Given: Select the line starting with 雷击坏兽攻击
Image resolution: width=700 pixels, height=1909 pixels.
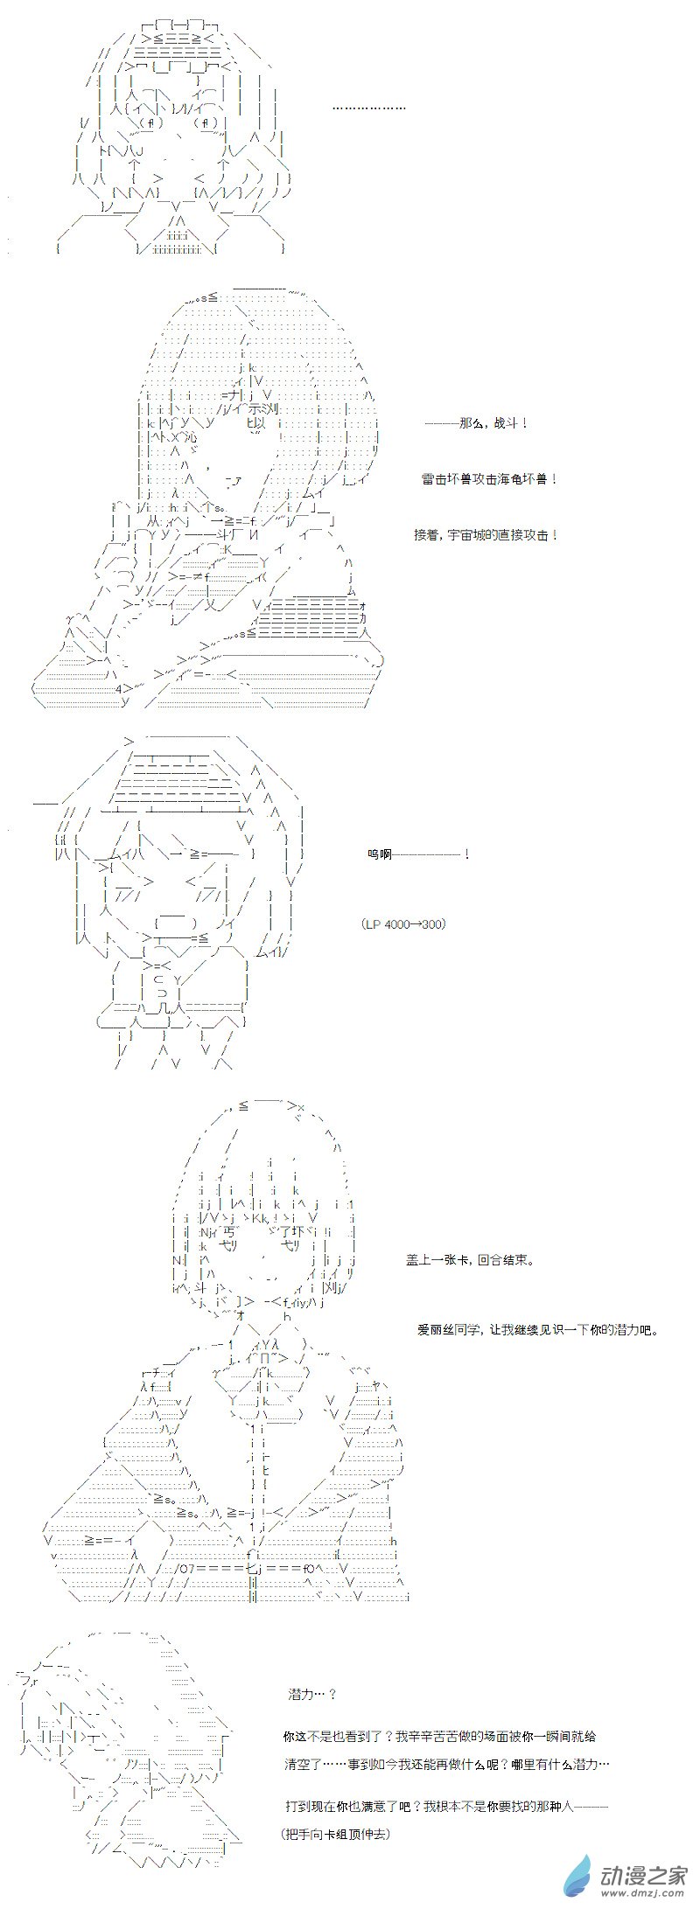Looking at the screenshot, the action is (x=489, y=479).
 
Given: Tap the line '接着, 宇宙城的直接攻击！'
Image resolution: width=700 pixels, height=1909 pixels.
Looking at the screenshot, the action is (x=486, y=535).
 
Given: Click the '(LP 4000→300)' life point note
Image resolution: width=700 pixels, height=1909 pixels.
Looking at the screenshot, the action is (x=402, y=924).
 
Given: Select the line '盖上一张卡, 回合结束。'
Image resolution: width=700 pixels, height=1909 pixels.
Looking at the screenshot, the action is (x=470, y=1260).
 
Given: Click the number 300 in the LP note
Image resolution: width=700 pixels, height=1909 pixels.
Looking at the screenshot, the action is (x=430, y=924).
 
